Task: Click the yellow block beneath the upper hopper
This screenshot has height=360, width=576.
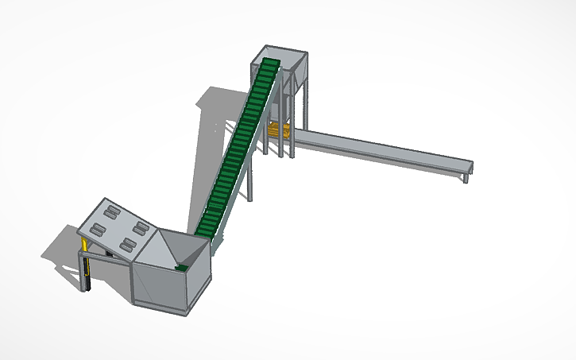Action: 277,130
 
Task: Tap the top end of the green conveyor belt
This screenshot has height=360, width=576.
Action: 271,64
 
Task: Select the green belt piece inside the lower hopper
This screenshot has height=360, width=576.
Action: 181,268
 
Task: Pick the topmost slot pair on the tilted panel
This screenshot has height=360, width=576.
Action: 110,212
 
